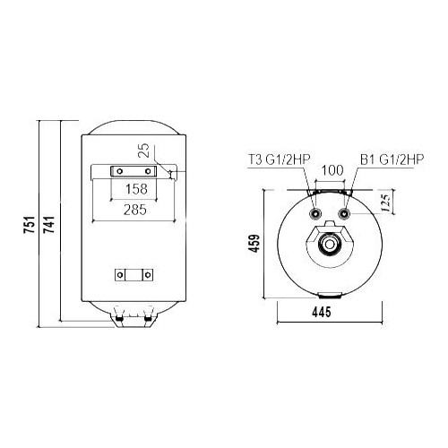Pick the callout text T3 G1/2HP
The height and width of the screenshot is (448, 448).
[x=274, y=161]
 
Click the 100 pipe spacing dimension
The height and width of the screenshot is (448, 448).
[x=332, y=170]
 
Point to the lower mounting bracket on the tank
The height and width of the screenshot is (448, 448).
[x=132, y=275]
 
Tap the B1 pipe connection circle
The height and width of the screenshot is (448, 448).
[x=348, y=215]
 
